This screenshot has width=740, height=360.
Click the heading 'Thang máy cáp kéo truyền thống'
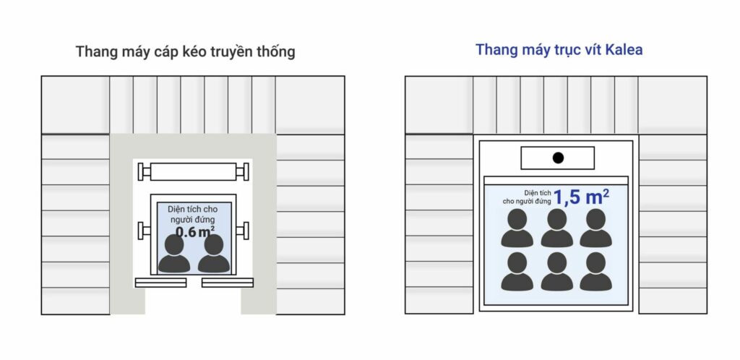point(186,51)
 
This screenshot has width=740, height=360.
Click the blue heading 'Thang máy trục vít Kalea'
point(559,50)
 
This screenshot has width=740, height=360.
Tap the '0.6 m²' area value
point(195,231)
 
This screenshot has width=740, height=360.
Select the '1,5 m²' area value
point(581,197)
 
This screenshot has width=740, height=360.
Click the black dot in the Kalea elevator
point(558,158)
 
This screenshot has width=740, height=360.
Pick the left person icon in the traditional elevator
point(174,253)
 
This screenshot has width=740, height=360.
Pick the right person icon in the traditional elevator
point(214,253)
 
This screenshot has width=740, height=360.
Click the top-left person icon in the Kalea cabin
point(517,228)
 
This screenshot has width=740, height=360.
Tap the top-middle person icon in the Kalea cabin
point(557,228)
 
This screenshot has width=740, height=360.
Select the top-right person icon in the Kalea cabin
point(596,228)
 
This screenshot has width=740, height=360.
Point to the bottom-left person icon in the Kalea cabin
point(517,271)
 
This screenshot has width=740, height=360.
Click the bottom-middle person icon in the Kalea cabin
point(557,271)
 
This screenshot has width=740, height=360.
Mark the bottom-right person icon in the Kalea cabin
point(596,271)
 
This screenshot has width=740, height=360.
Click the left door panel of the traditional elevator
point(161,283)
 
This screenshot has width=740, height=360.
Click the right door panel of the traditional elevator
point(228,283)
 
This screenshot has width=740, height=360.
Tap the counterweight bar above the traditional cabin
point(193,172)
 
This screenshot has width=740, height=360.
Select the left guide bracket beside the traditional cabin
point(144,231)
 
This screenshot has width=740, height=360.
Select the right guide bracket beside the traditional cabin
point(243,231)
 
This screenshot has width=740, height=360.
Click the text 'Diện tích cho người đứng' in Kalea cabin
point(527,197)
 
